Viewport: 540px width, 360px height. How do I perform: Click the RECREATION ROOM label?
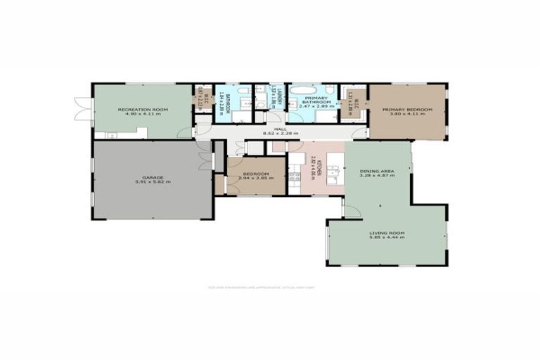(143, 109)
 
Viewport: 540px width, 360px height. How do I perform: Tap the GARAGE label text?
(153, 176)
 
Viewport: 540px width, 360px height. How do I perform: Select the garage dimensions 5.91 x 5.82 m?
(153, 181)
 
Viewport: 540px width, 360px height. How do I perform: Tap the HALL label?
(280, 129)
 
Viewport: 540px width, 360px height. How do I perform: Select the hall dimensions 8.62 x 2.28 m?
(280, 133)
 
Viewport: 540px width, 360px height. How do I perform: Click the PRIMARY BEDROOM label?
(407, 110)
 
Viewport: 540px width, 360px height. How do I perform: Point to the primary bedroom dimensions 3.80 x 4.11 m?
(407, 115)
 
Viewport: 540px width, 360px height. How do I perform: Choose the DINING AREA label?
(377, 171)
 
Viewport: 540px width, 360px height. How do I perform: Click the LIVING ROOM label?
(388, 233)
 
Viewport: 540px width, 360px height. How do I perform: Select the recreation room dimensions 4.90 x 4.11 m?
(143, 114)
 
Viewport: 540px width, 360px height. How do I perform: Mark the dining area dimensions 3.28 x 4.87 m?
(377, 176)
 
